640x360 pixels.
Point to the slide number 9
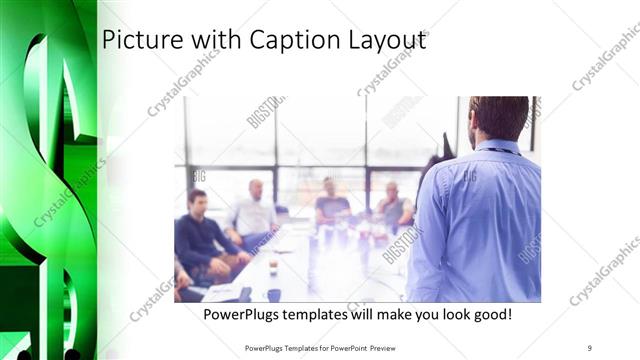click(x=590, y=348)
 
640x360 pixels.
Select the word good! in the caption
click(x=490, y=315)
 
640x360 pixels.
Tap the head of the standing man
click(x=497, y=118)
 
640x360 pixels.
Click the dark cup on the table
click(x=273, y=294)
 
